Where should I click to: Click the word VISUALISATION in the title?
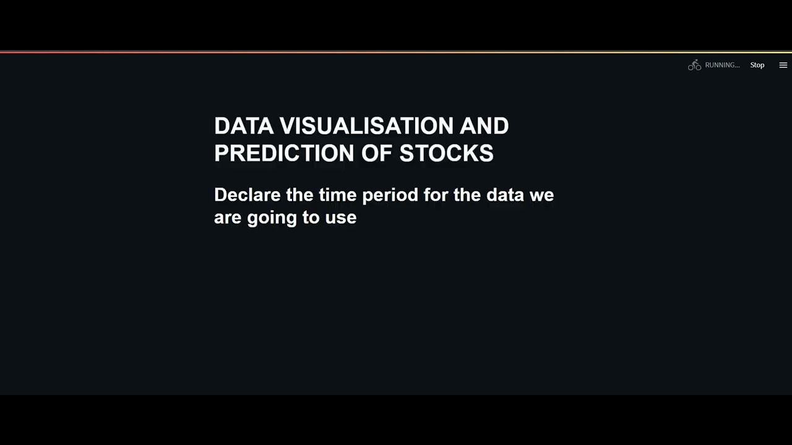point(366,126)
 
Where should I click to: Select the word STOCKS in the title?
point(446,153)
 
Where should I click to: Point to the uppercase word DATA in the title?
point(244,126)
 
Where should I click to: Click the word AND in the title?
point(484,126)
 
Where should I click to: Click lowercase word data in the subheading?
point(505,195)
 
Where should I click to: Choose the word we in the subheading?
point(541,196)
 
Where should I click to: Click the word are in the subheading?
point(228,218)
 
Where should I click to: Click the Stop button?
point(757,65)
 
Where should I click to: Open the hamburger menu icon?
point(783,65)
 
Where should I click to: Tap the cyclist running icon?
point(694,65)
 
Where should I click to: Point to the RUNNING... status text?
point(722,65)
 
